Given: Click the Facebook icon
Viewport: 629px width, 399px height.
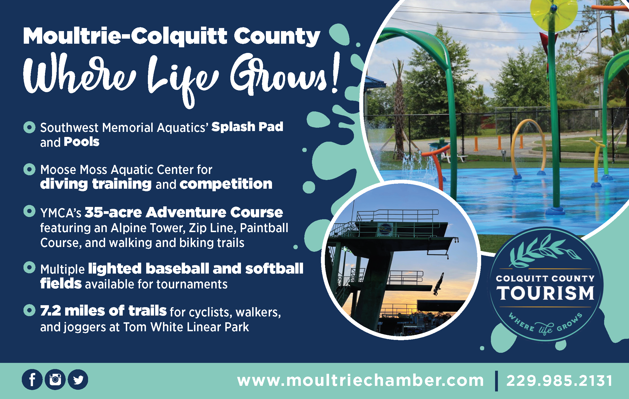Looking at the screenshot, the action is click(x=32, y=380).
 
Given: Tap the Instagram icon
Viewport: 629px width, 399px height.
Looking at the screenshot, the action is click(x=55, y=380).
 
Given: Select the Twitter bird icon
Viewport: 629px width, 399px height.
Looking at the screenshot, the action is click(x=78, y=380).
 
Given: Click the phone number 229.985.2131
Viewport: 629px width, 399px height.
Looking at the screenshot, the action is click(x=559, y=381).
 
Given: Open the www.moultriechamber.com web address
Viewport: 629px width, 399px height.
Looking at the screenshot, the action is click(x=360, y=381).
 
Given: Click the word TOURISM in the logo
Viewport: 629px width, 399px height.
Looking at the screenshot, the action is click(x=545, y=293).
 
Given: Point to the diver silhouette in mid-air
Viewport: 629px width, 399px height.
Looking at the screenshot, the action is click(x=438, y=284).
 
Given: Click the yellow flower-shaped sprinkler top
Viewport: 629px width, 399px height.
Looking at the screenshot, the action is click(x=554, y=13).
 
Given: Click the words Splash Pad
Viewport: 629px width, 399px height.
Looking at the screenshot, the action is click(x=247, y=127).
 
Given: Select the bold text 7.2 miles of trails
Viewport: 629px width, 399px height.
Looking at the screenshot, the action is click(x=103, y=311).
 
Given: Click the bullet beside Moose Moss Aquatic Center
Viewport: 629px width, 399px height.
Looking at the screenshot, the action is click(x=29, y=169).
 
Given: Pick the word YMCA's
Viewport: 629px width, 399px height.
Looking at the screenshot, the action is click(x=61, y=213).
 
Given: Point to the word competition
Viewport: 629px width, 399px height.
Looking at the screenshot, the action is click(x=226, y=184).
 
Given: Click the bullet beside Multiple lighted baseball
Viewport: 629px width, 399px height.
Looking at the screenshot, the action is click(x=29, y=267).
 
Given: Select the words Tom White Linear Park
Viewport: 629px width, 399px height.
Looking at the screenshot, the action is click(x=186, y=327).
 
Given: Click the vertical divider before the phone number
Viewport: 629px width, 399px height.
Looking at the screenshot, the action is click(x=496, y=381).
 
